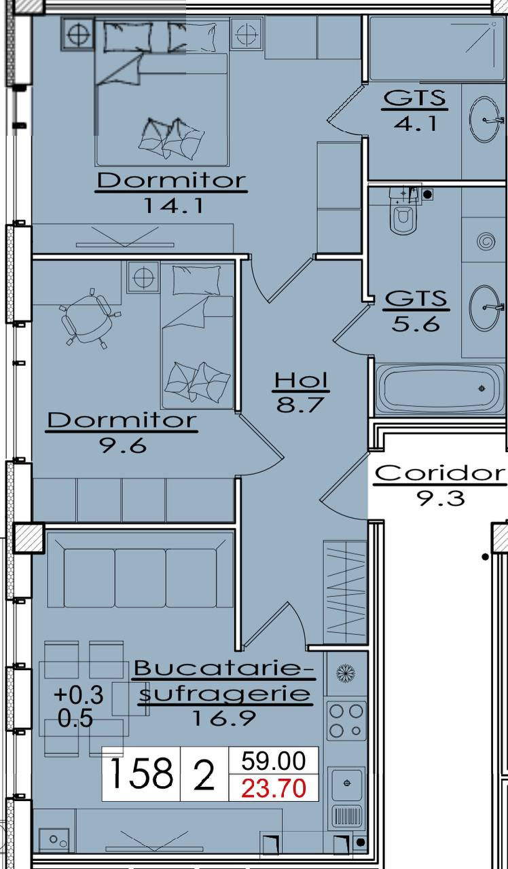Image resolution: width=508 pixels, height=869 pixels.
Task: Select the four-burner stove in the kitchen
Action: tap(346, 720)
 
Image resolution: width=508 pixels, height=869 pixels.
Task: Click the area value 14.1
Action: tap(173, 206)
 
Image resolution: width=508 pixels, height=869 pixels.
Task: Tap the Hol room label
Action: tap(301, 381)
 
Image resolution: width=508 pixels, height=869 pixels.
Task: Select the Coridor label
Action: tap(440, 474)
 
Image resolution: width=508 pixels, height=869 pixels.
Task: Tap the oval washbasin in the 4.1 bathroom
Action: tap(484, 120)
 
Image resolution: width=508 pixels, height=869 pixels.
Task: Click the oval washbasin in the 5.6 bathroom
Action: tap(484, 308)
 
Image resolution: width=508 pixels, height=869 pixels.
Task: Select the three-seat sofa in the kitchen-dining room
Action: tap(141, 570)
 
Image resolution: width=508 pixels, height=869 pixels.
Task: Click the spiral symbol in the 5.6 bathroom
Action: tap(486, 242)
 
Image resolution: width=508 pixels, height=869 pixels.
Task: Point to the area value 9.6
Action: tap(124, 446)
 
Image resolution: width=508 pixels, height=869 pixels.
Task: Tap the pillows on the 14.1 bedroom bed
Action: tap(172, 139)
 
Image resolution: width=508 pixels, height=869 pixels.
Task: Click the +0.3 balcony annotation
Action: tap(79, 695)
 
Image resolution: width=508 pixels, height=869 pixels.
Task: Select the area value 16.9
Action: tap(224, 718)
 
